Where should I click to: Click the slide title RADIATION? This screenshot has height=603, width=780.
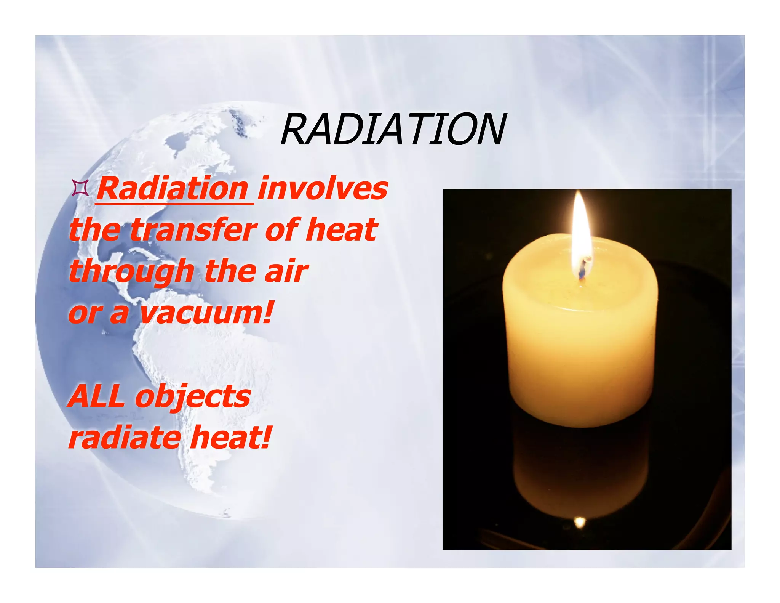[393, 130]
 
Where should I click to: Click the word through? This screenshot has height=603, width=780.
[131, 271]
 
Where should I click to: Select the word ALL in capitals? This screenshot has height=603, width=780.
[97, 396]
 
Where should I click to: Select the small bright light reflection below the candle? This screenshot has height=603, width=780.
[580, 521]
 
